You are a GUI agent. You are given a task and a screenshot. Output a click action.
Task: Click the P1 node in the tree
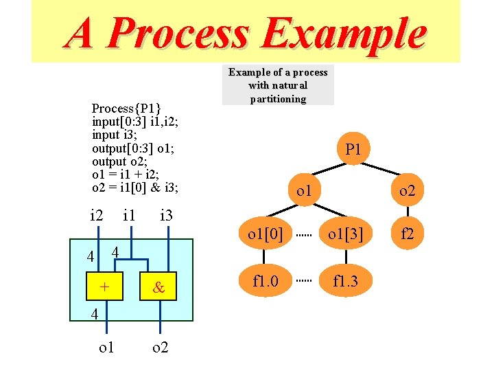(353, 149)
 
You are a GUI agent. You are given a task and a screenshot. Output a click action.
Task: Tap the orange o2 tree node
(407, 190)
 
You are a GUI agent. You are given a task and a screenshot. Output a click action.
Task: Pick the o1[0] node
(266, 234)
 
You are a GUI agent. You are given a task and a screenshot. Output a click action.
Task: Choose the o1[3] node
(345, 234)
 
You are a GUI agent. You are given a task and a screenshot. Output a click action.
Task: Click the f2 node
(408, 234)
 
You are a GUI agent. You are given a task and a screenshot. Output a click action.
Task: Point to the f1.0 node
(266, 280)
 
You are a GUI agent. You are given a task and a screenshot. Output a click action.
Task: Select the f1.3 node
(345, 280)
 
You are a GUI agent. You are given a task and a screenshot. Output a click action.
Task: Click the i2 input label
(97, 216)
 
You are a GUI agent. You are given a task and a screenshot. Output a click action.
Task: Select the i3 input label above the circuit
(165, 216)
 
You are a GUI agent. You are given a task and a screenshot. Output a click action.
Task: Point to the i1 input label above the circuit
(128, 216)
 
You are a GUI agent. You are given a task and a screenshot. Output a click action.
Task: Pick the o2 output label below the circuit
(160, 348)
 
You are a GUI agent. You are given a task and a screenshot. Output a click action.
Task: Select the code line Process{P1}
(126, 108)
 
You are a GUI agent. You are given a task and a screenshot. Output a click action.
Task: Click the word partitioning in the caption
(278, 99)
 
